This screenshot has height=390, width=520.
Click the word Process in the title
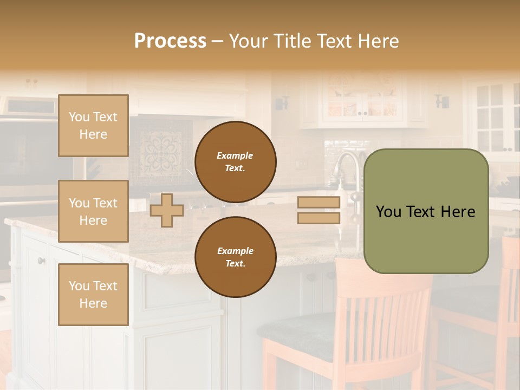tap(170, 41)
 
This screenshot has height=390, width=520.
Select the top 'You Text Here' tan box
tap(93, 126)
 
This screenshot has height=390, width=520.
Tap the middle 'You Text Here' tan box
tap(93, 211)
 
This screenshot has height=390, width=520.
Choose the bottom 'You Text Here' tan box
tap(93, 294)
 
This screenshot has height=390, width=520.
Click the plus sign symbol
tap(167, 210)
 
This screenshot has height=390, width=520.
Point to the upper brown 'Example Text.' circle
tap(235, 161)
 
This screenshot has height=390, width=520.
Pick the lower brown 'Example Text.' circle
tap(235, 257)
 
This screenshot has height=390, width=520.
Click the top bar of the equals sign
tap(318, 203)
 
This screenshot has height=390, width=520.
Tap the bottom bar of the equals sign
tap(318, 218)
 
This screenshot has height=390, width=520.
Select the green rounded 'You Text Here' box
tap(426, 211)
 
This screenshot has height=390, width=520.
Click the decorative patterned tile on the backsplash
tap(162, 151)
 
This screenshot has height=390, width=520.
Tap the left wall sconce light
tap(282, 102)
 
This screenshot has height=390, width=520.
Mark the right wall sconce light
tap(442, 101)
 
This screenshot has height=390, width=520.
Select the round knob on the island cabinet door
tap(41, 261)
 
